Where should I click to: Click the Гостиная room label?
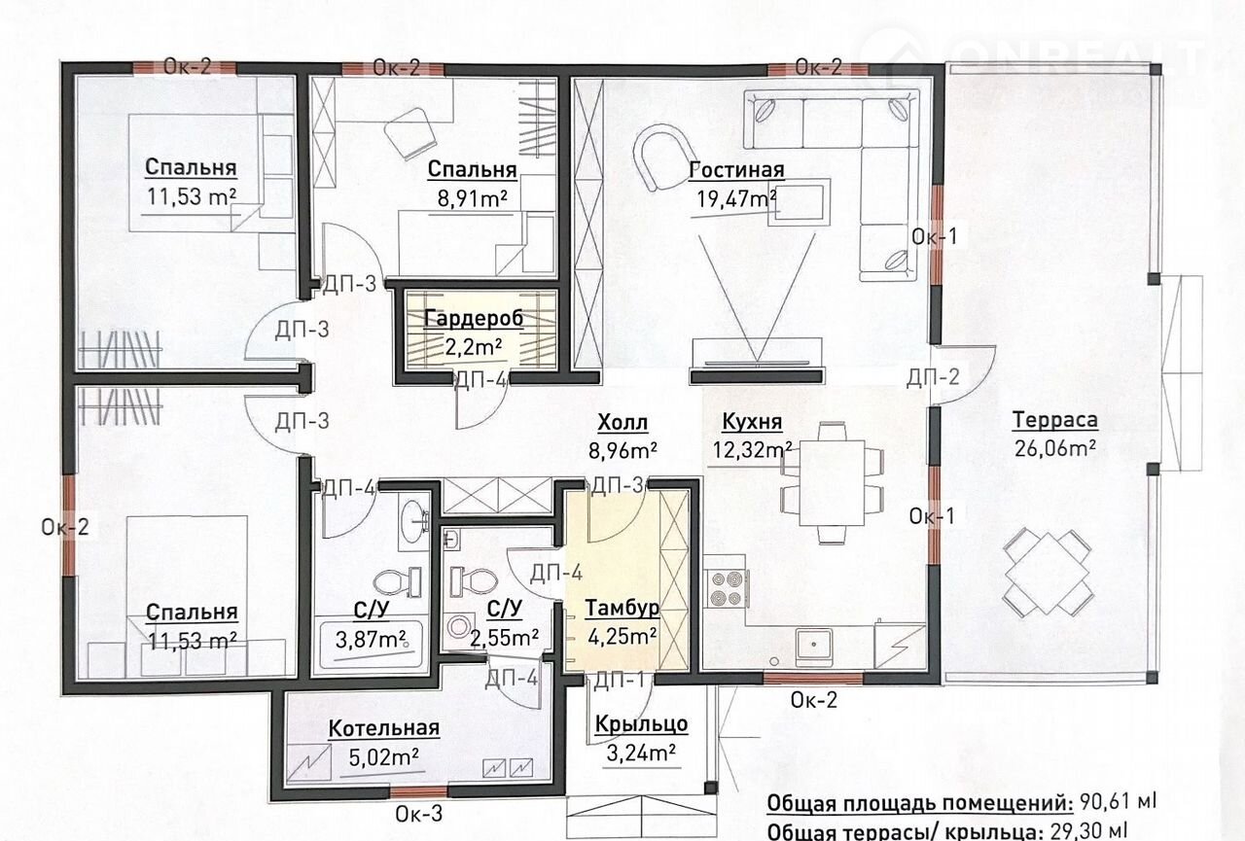[736, 169]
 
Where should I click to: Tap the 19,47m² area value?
[737, 199]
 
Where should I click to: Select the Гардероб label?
[474, 319]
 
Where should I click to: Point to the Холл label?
[622, 423]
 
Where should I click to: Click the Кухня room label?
[752, 422]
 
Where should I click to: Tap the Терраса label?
[1055, 420]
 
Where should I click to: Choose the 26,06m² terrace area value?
[1055, 448]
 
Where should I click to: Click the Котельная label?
[384, 728]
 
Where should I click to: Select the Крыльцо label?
[641, 724]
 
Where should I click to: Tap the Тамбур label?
[622, 609]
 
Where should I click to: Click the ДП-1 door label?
[620, 681]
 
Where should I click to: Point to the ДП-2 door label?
[933, 378]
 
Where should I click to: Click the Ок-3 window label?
[419, 814]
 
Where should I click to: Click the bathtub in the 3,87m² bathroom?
[372, 646]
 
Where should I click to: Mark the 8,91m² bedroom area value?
[473, 198]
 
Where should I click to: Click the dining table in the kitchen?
[832, 483]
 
